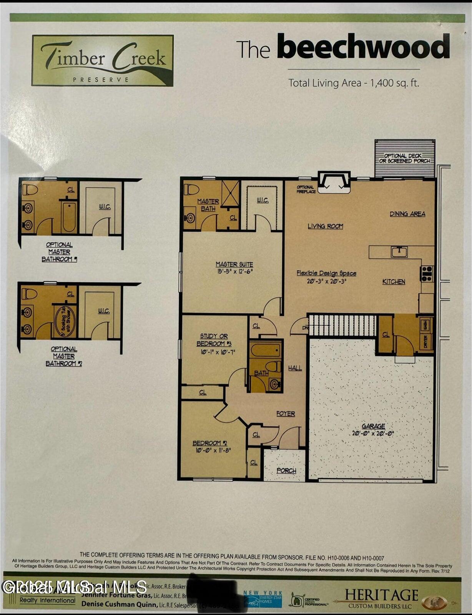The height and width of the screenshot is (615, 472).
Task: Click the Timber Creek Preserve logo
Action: [x=103, y=61]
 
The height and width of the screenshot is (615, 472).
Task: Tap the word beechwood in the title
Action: [x=363, y=47]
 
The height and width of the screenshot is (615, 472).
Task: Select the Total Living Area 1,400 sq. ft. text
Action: [x=354, y=83]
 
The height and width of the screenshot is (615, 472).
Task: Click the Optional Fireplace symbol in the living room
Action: [x=334, y=182]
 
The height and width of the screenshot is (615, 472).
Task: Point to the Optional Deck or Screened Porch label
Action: [x=405, y=158]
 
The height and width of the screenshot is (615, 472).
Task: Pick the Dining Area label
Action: [x=407, y=214]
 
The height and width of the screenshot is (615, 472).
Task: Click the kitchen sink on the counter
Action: [x=399, y=252]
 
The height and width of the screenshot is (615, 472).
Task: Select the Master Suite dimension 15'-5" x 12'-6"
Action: [x=234, y=271]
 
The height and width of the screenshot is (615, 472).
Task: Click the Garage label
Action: [x=373, y=426]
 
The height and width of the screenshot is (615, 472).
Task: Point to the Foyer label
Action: [x=286, y=414]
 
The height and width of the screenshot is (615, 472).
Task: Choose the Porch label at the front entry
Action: [x=286, y=470]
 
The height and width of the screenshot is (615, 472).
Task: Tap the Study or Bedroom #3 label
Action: [x=214, y=340]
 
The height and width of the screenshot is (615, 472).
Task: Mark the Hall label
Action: [x=295, y=368]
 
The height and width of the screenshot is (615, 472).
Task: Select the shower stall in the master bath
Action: [x=230, y=193]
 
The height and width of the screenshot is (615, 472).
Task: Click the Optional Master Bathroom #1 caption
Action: [x=60, y=252]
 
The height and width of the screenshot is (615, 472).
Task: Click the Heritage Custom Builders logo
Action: [x=381, y=598]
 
